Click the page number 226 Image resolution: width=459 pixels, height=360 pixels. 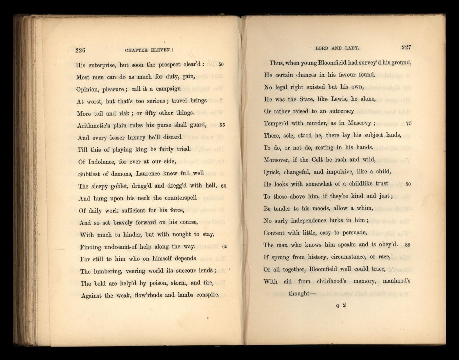click(x=80, y=50)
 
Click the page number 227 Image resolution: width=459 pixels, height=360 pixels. click(x=406, y=47)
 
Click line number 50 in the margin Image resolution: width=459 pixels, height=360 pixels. click(x=221, y=65)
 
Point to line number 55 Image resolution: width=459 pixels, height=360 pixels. click(x=222, y=125)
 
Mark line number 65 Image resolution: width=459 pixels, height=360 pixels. click(x=224, y=247)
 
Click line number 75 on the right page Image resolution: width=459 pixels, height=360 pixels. click(x=409, y=123)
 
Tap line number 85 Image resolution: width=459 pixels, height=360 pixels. click(x=408, y=245)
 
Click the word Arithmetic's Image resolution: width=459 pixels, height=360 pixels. click(x=93, y=125)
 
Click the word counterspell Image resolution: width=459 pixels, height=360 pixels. click(x=181, y=198)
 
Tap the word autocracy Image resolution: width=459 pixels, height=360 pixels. click(x=341, y=111)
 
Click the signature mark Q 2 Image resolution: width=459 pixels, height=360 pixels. click(x=341, y=306)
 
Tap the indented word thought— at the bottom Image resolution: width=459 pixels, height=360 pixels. click(x=302, y=294)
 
